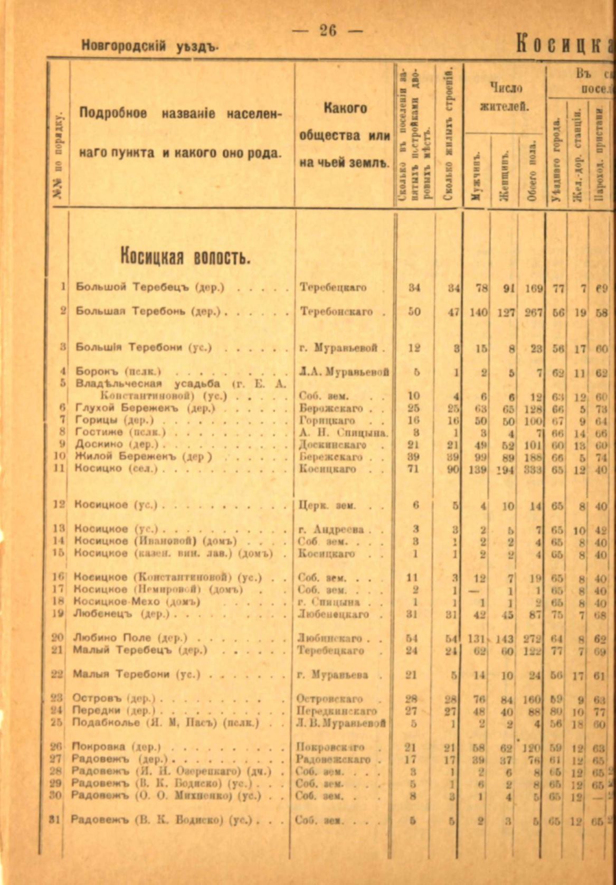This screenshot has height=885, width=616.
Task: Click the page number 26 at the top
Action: click(328, 31)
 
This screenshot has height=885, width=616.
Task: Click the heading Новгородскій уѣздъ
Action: click(150, 46)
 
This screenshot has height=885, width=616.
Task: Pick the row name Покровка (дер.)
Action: click(116, 747)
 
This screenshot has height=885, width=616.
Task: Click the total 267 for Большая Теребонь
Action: click(534, 312)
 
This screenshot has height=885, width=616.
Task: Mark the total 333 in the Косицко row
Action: click(533, 469)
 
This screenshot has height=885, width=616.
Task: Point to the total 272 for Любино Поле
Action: click(533, 638)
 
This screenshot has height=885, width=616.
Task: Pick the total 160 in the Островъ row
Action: click(533, 699)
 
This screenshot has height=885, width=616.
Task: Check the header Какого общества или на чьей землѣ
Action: click(345, 135)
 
